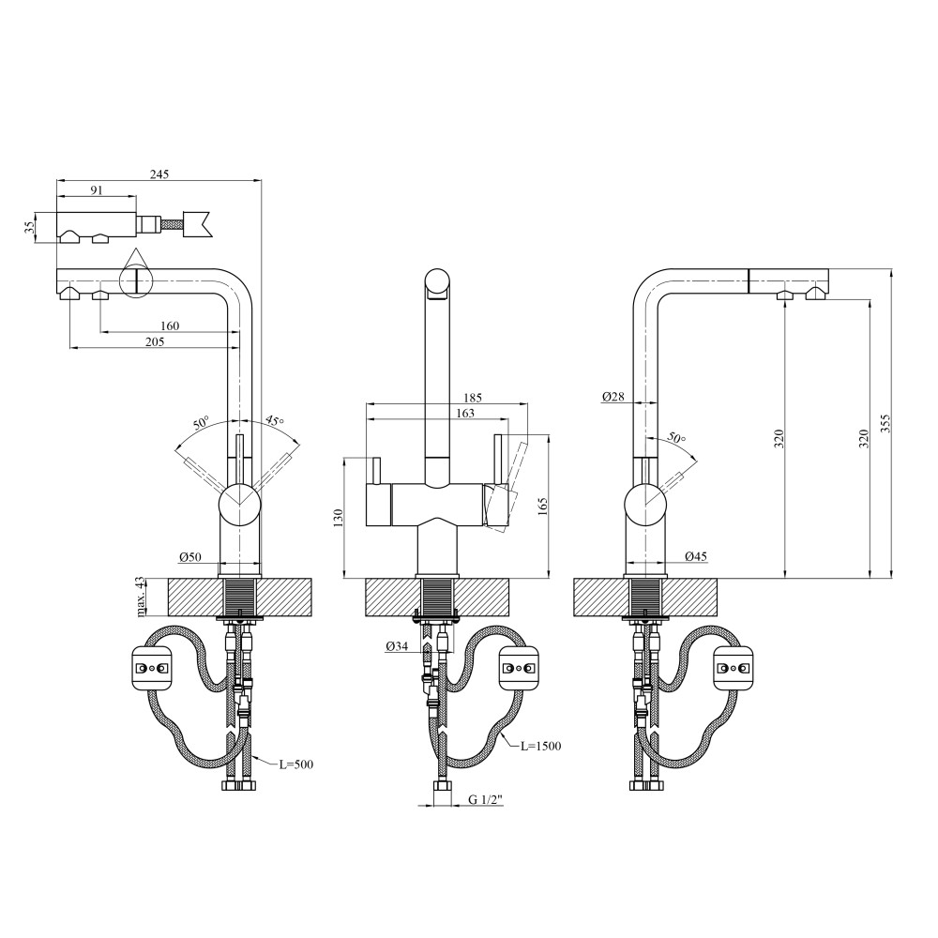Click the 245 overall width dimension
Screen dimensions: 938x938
(159, 174)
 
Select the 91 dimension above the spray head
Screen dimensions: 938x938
(97, 190)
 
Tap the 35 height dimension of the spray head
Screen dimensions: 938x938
(29, 228)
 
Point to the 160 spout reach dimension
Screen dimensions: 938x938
(170, 326)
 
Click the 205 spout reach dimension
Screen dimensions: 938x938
(155, 342)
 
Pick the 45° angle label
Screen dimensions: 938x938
(275, 420)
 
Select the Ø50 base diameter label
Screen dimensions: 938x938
(190, 557)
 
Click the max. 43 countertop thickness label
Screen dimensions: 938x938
(141, 597)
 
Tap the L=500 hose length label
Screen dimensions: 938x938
(296, 764)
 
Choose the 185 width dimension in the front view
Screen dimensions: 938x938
(472, 397)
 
